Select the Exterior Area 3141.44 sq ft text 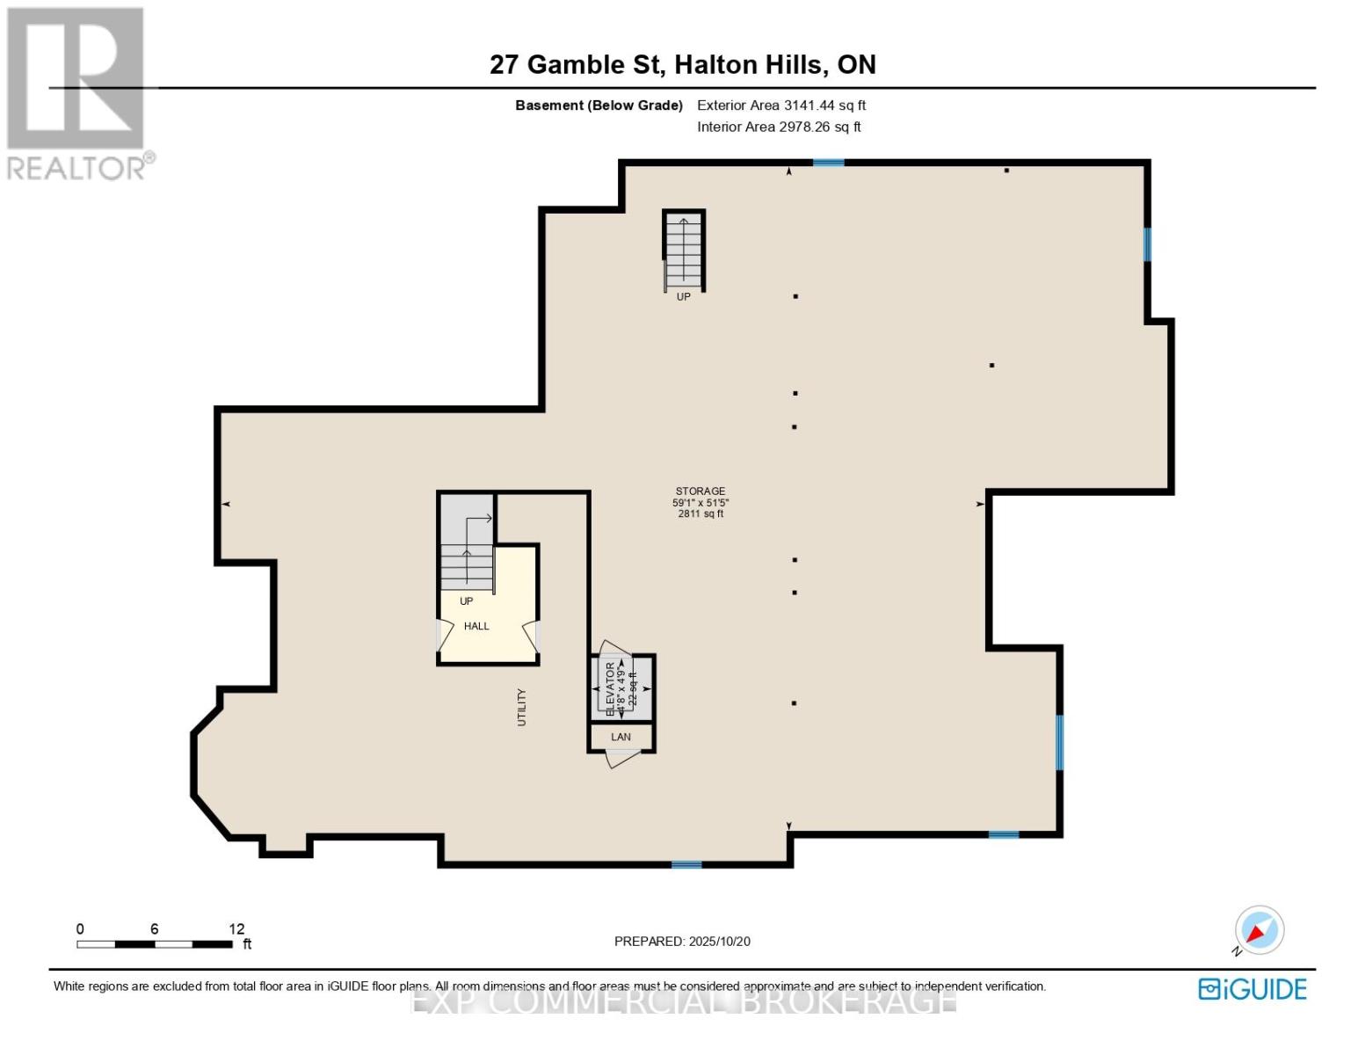click(781, 105)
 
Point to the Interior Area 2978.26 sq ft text click(778, 127)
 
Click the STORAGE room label click(700, 491)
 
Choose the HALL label click(476, 627)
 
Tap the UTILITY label click(521, 707)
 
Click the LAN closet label click(621, 737)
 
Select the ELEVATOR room click(622, 688)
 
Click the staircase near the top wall click(684, 250)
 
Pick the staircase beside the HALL click(467, 554)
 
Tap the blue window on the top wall click(828, 163)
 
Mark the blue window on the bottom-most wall click(686, 865)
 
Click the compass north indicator click(1259, 930)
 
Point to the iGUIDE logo click(1252, 989)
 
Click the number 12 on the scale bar click(236, 929)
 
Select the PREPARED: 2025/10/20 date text click(682, 942)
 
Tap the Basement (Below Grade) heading click(599, 105)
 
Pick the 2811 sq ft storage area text click(700, 514)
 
